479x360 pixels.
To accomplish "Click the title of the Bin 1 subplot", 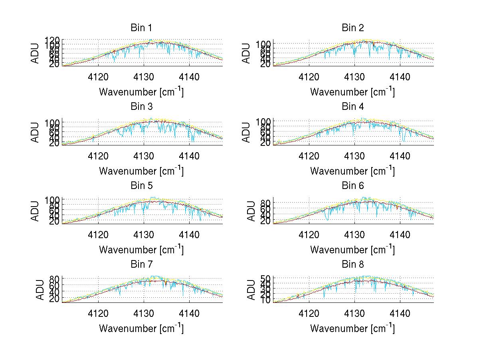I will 141,28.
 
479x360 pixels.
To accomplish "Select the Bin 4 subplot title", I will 353,107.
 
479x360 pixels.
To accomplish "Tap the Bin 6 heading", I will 353,186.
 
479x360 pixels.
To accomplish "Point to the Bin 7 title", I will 141,265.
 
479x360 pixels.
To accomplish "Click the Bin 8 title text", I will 353,265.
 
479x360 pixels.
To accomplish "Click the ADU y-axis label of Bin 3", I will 36,132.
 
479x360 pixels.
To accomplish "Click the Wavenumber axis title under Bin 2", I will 352,92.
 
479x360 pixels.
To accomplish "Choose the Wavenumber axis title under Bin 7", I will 141,328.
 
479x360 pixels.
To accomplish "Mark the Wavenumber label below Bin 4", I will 352,171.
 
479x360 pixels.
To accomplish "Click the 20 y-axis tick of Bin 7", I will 55,299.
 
